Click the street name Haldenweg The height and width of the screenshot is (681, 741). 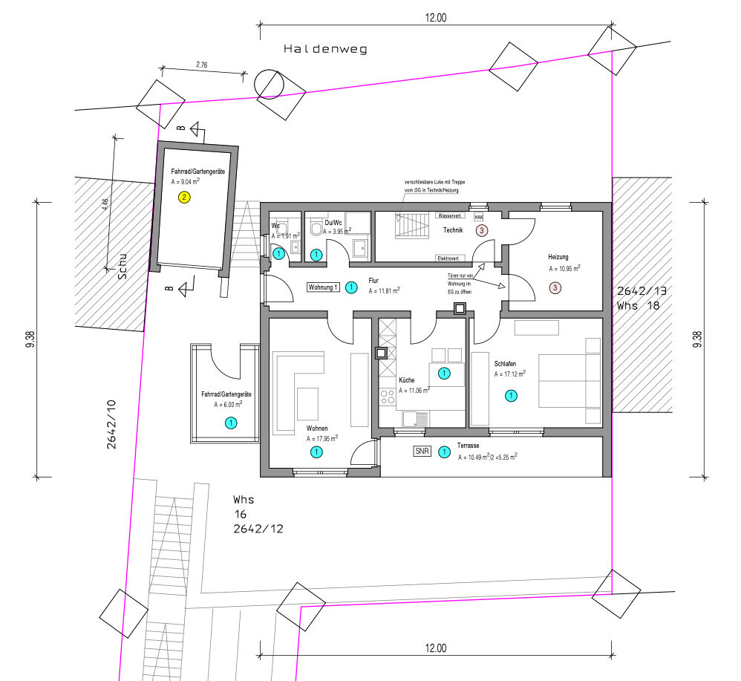click(x=325, y=49)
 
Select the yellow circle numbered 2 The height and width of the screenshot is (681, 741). click(x=185, y=197)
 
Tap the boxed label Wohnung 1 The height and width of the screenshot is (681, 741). click(x=324, y=287)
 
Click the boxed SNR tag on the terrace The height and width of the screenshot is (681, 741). click(x=422, y=451)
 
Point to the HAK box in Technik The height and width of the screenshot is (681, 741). click(x=478, y=217)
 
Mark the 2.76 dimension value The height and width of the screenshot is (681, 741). click(x=201, y=65)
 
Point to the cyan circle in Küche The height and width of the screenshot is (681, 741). click(x=444, y=373)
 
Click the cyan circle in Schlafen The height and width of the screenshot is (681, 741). click(x=511, y=396)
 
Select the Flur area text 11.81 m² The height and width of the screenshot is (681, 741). click(x=384, y=291)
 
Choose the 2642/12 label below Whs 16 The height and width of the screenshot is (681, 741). click(x=258, y=530)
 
